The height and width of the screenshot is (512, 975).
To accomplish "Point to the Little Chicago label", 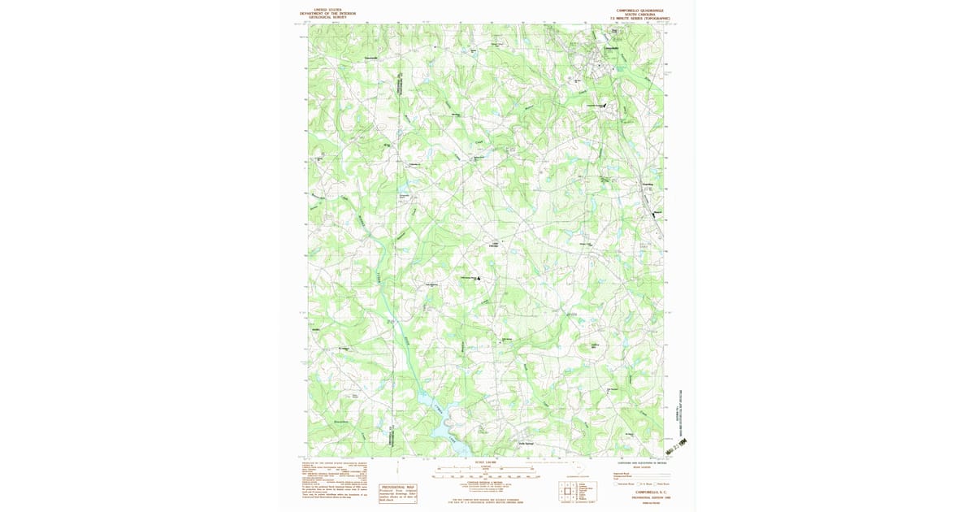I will click(493, 245).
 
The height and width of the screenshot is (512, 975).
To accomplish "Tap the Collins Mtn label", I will click(594, 345).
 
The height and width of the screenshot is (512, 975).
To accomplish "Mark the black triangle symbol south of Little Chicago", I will click(478, 279).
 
